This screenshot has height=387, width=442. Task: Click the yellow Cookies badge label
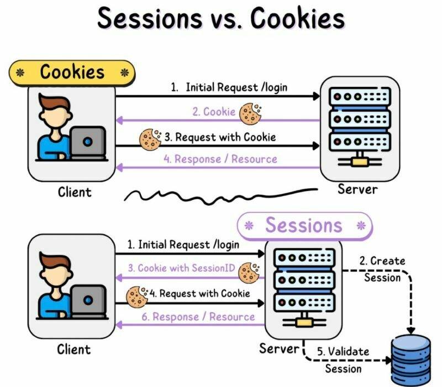pos(72,72)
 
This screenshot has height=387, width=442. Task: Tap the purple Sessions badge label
pos(304,225)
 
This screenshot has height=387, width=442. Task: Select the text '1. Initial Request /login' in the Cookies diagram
pos(229,87)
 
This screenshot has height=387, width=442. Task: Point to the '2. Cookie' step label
pos(214,112)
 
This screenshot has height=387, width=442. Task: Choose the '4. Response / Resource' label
pos(220,159)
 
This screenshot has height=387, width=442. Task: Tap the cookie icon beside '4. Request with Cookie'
pos(137,296)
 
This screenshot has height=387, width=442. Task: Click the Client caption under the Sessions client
pos(73,349)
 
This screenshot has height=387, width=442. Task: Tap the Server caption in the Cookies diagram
pos(357,189)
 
